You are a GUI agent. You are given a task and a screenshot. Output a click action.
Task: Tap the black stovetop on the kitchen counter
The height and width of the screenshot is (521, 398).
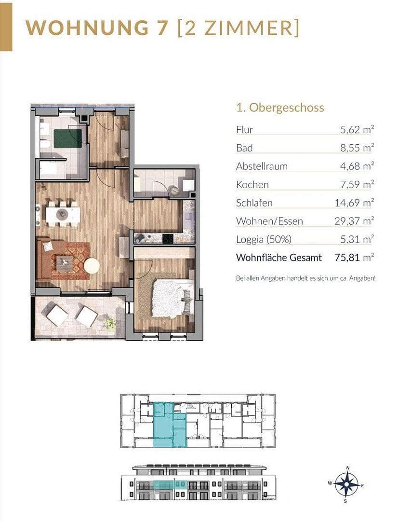coord(169,238)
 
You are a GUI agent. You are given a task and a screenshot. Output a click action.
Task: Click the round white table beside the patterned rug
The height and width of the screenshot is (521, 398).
coord(92,266)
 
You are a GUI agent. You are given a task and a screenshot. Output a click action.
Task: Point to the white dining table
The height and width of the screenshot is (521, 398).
coord(63,213)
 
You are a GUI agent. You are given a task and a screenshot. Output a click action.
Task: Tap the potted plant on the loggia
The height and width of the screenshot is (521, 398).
coord(110,323)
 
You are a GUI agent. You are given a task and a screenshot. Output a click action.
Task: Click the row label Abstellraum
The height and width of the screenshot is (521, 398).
coord(262,166)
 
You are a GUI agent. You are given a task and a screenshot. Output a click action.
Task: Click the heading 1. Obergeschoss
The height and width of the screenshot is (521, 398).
coord(280,108)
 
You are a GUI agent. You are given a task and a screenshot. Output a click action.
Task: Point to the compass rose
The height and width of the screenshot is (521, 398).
coord(346,483)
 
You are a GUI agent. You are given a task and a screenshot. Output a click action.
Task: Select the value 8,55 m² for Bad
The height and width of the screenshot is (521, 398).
coord(357,148)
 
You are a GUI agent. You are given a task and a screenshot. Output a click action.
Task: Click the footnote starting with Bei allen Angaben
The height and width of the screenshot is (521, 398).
coord(305,278)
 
